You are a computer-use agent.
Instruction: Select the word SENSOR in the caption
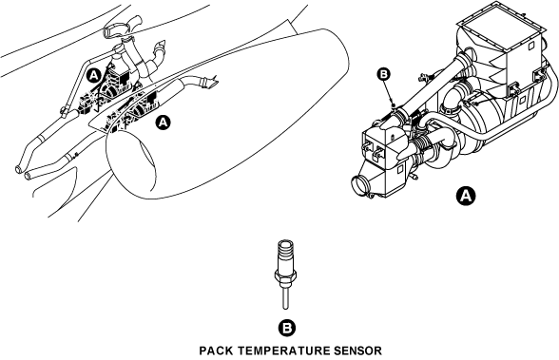pos(357,351)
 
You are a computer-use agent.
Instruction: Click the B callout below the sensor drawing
pos(287,328)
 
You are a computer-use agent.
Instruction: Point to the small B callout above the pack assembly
pos(384,74)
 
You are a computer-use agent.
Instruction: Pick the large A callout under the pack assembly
pos(466,196)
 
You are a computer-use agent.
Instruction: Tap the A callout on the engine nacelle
pos(163,123)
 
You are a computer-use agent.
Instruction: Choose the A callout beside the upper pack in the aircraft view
pos(93,75)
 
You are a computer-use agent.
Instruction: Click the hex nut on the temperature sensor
pos(285,275)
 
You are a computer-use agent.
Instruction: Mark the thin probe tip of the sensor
pos(285,298)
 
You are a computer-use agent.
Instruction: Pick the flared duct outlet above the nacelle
pos(210,83)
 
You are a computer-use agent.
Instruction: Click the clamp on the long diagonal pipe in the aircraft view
pos(65,111)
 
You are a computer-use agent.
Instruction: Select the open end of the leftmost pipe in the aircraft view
pos(19,169)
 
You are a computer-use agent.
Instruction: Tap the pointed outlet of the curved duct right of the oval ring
pos(162,46)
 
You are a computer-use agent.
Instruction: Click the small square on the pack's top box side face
pos(530,46)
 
